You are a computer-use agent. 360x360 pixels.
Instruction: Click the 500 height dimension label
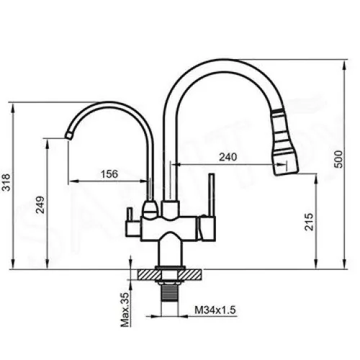(338, 159)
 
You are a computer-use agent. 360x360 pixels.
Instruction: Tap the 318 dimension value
(6, 182)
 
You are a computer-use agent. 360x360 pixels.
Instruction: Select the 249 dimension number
(40, 204)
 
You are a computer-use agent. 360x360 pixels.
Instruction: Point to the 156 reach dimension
(109, 174)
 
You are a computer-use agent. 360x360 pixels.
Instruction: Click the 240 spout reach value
(228, 157)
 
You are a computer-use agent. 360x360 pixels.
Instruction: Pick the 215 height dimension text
(309, 222)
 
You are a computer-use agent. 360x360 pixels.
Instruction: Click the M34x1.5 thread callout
(215, 310)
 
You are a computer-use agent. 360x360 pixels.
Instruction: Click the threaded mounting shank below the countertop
(170, 292)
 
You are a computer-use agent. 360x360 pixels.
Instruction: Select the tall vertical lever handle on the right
(212, 195)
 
